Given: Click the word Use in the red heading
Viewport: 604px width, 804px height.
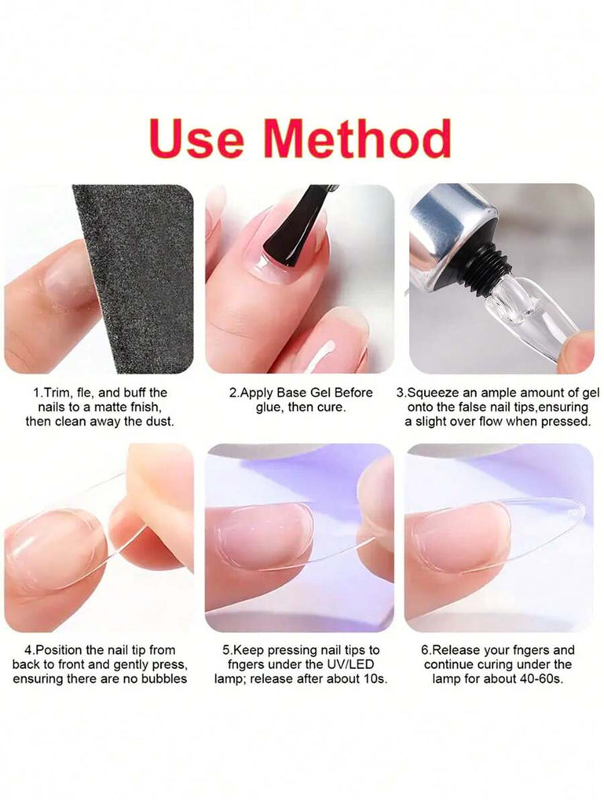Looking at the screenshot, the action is coord(196,138).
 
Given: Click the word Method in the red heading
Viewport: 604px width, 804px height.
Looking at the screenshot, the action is coord(357,137).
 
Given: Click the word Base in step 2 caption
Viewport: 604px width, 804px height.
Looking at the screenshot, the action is coord(291,393).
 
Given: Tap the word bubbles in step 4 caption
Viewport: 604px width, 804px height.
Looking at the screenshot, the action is coord(165,679).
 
